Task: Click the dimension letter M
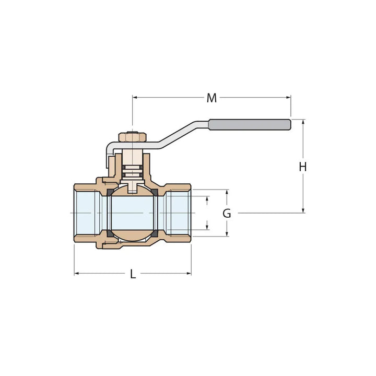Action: click(211, 98)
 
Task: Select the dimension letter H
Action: click(302, 167)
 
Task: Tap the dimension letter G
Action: click(227, 214)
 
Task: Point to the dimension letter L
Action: click(133, 274)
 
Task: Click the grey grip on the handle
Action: click(250, 124)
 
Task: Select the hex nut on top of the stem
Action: click(132, 137)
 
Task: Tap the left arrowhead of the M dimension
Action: click(135, 97)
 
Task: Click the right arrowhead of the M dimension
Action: click(288, 97)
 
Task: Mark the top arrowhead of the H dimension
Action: click(303, 122)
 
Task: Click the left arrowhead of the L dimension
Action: click(77, 273)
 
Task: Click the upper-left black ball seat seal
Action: click(110, 193)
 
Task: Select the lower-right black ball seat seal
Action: click(156, 233)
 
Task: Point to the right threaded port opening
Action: click(180, 213)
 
